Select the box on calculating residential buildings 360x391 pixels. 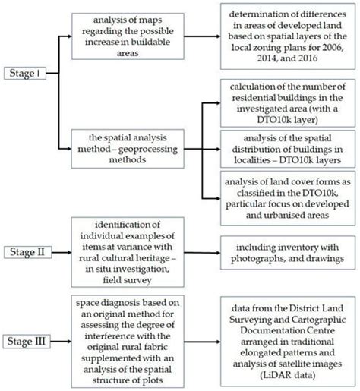click(x=290, y=102)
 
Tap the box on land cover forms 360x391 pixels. click(x=290, y=197)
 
